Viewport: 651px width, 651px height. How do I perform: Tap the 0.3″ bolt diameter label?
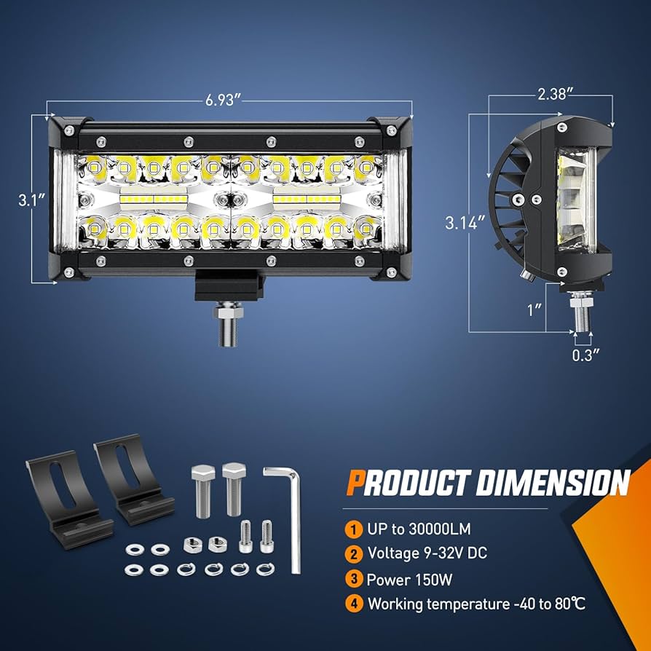coord(585,355)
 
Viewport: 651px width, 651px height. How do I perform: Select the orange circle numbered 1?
coord(353,529)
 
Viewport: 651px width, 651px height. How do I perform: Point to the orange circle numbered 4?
coord(353,604)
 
